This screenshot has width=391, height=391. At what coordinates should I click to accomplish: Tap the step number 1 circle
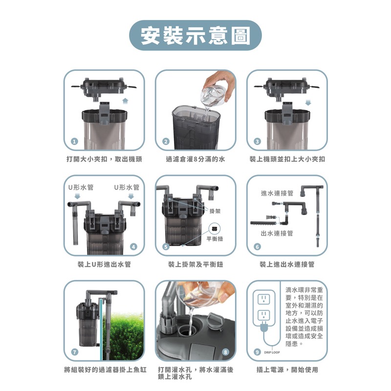tap(74, 141)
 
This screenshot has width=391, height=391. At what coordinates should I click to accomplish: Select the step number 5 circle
tap(166, 247)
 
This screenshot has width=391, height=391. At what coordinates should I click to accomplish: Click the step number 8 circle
tap(225, 352)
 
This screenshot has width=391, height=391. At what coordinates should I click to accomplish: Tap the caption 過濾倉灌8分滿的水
tap(195, 159)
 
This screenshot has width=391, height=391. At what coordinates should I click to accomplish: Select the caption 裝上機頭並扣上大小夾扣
tap(287, 159)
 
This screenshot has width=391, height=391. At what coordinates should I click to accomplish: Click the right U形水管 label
tap(127, 187)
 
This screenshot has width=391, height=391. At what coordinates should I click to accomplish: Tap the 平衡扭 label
tap(215, 239)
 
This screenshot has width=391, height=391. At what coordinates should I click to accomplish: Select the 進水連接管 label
tap(277, 194)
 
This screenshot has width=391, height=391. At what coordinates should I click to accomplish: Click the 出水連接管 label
tap(277, 233)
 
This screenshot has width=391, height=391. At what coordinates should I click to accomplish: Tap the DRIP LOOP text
tap(272, 352)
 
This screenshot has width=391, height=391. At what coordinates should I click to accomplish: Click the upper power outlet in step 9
tap(264, 298)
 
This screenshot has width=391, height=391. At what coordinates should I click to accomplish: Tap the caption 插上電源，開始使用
tap(287, 369)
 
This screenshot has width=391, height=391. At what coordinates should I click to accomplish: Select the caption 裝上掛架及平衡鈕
tap(195, 264)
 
